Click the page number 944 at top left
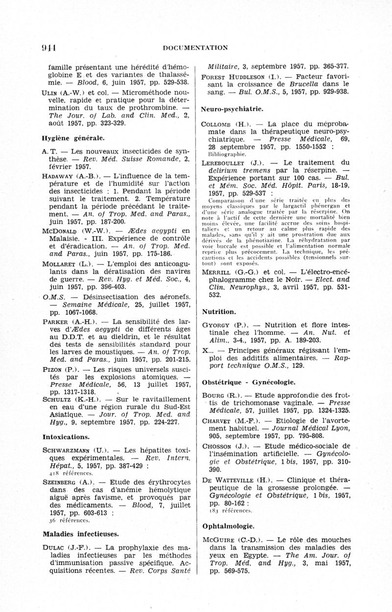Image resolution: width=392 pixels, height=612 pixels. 48,47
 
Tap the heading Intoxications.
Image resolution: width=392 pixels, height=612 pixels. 66,436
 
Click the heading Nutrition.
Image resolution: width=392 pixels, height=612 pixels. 219,311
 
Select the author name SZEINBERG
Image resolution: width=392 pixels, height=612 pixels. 61,482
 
